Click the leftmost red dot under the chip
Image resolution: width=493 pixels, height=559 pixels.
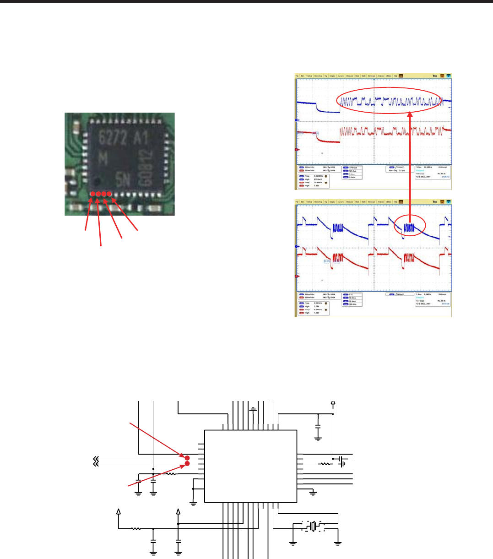[x=92, y=194]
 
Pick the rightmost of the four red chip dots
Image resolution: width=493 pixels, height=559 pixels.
[x=109, y=194]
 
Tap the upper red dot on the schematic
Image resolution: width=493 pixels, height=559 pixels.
[x=187, y=457]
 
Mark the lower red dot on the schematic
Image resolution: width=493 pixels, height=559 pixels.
[x=187, y=464]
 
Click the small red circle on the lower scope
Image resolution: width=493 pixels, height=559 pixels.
[x=411, y=226]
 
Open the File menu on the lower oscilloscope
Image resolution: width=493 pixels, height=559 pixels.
[x=297, y=202]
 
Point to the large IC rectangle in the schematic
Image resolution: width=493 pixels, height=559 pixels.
[x=250, y=466]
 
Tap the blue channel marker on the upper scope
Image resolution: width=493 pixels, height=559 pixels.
[x=298, y=120]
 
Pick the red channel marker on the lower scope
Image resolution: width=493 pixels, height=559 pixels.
[x=298, y=276]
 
